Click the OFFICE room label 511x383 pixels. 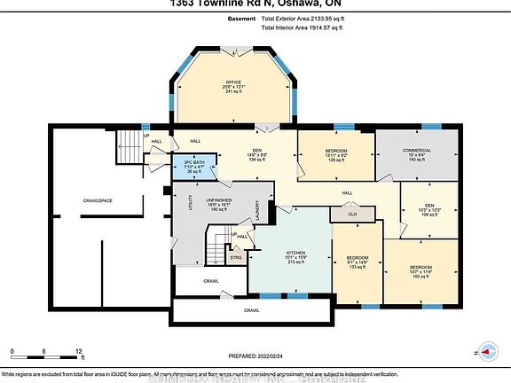pyautogui.click(x=233, y=82)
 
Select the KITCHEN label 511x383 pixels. pyautogui.click(x=296, y=253)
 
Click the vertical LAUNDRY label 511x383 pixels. pyautogui.click(x=255, y=210)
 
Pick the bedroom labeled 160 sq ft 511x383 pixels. pyautogui.click(x=421, y=267)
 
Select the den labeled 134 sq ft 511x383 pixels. pyautogui.click(x=233, y=151)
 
